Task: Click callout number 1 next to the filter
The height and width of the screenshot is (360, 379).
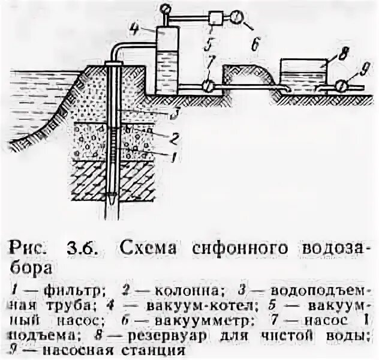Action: coord(172,157)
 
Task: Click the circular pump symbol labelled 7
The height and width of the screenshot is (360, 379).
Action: coord(206,86)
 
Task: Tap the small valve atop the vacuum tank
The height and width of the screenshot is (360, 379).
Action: coord(165,8)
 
